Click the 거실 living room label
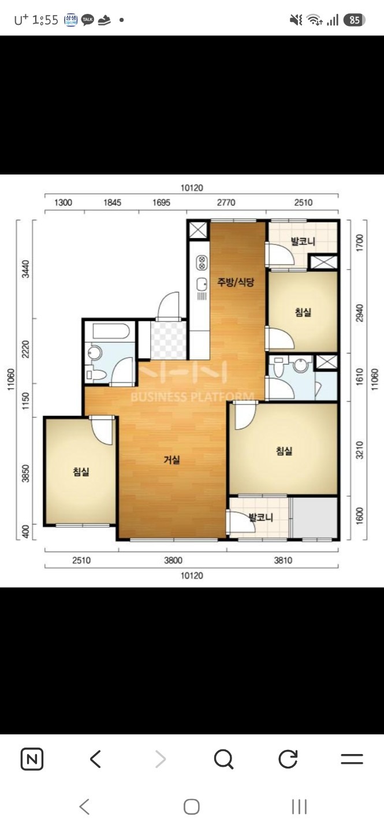[x=172, y=460]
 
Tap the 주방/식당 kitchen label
[x=236, y=283]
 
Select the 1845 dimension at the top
[x=112, y=202]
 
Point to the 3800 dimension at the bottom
[x=173, y=560]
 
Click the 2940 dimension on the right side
[x=360, y=313]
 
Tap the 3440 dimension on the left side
[x=25, y=269]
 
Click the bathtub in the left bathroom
[x=111, y=331]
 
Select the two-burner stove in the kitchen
[x=202, y=263]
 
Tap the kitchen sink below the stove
[x=202, y=285]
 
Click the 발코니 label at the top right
[x=303, y=242]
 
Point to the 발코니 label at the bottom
[x=260, y=517]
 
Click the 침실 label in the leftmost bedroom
[x=81, y=471]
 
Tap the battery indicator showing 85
[x=355, y=20]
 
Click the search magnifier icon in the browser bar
[x=223, y=758]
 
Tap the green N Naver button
[x=32, y=758]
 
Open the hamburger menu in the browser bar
[x=352, y=758]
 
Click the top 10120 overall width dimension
[x=192, y=188]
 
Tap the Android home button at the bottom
[x=192, y=807]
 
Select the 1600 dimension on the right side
[x=360, y=517]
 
